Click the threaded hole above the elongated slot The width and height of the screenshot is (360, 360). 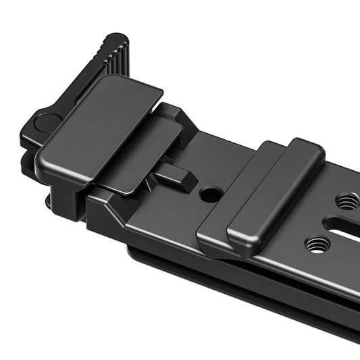click(347, 201)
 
